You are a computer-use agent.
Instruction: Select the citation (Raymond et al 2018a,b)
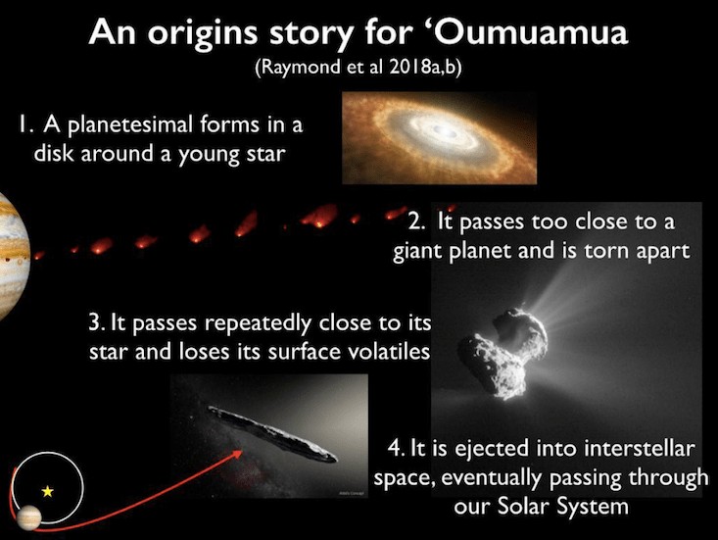(x=358, y=67)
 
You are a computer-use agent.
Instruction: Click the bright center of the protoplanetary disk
(x=444, y=132)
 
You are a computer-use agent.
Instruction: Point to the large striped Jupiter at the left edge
(x=14, y=257)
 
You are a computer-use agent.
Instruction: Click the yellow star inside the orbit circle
(x=48, y=491)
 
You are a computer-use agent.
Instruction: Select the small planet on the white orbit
(x=28, y=517)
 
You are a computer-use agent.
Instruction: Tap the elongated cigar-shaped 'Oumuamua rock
(x=273, y=433)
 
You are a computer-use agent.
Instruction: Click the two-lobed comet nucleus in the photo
(x=503, y=352)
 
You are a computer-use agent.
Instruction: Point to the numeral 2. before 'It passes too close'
(x=416, y=222)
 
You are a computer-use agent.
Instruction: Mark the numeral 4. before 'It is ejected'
(x=396, y=448)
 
